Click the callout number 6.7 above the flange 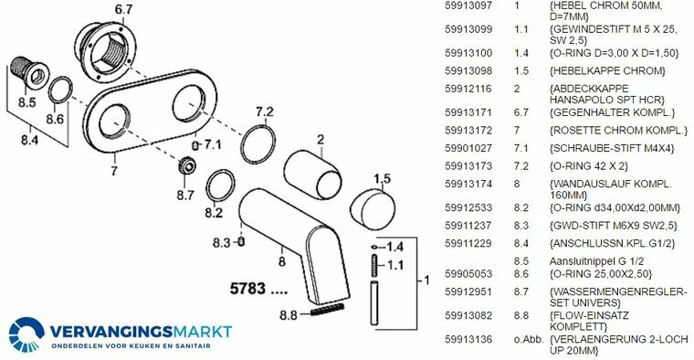point(123,9)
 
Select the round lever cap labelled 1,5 point(373,209)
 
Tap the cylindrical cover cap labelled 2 point(312,174)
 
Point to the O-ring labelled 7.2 point(258,144)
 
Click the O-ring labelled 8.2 point(220,185)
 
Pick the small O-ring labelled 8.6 point(60,90)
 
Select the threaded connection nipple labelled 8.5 point(29,72)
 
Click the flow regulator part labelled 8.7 point(187,167)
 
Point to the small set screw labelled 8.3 point(241,241)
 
